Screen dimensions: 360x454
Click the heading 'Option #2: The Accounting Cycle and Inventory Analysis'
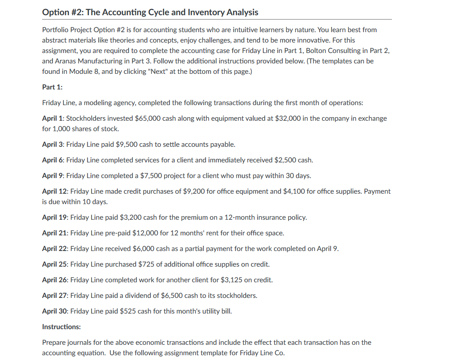coord(150,12)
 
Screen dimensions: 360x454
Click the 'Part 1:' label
coord(52,87)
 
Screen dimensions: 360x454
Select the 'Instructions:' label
coord(61,327)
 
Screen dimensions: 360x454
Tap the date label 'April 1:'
coord(53,118)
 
